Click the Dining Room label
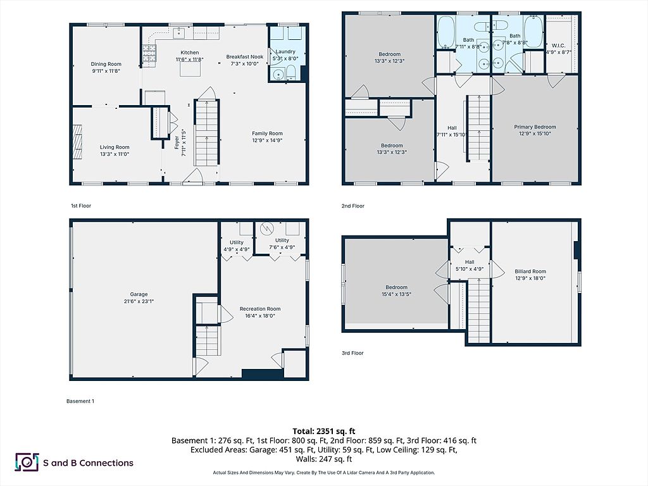point(106,64)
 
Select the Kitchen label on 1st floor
point(190,53)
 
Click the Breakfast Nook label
point(244,57)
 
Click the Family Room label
point(267,134)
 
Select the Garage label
point(139,294)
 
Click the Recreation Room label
point(260,309)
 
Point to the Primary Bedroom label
point(535,127)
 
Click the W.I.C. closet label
point(558,45)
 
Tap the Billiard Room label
point(530,271)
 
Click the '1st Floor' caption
point(82,206)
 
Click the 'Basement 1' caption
point(80,401)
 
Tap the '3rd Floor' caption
point(353,353)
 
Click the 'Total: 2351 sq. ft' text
point(324,430)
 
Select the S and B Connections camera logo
point(27,463)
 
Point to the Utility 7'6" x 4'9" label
point(282,240)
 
